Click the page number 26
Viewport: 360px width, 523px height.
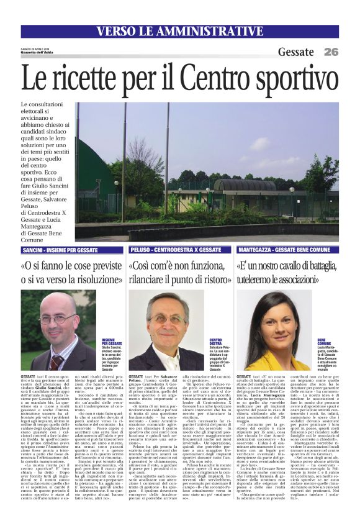(x=331, y=52)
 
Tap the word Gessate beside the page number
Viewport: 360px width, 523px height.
(x=296, y=52)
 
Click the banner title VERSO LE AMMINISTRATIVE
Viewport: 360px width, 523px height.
(x=179, y=31)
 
